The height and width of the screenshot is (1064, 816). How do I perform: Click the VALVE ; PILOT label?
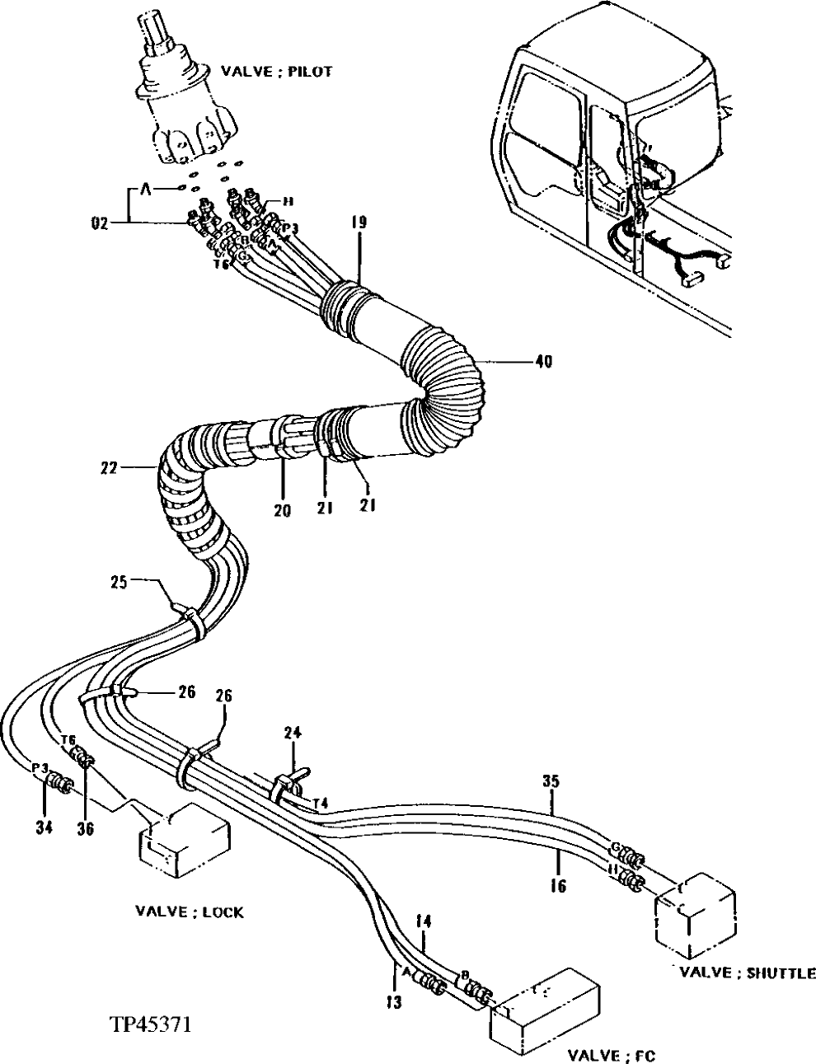point(276,72)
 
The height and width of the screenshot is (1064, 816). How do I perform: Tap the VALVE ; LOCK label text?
point(190,912)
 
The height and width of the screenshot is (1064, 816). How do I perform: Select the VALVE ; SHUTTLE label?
point(748,973)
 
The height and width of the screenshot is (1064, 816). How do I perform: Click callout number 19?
point(359,223)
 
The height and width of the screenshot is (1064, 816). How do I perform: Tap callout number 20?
point(284,510)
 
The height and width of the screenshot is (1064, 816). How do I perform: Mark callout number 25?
point(120,583)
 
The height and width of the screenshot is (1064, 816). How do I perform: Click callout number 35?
point(551,780)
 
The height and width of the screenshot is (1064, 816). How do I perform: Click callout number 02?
point(100,220)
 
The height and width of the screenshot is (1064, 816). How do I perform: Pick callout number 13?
point(396,1001)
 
